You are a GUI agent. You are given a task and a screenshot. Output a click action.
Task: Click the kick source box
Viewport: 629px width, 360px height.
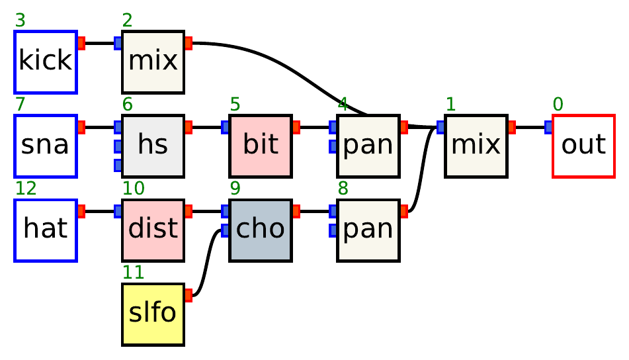(x=46, y=62)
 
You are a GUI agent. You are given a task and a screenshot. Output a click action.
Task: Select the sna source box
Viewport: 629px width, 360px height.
(x=46, y=146)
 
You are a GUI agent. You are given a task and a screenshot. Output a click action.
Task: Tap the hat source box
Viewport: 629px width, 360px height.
(x=46, y=230)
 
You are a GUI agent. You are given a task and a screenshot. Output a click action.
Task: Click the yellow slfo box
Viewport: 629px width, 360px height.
(x=153, y=314)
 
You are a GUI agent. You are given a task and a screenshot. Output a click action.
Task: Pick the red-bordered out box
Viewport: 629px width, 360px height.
(x=583, y=146)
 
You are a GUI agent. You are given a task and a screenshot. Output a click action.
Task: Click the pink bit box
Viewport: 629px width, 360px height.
(x=261, y=146)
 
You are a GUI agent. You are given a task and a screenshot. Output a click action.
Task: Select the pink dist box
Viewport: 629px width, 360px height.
(x=153, y=230)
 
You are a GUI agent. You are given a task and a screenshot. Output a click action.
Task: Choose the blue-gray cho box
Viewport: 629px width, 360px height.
(x=261, y=230)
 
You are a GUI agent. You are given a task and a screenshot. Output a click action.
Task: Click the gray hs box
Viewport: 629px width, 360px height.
(x=153, y=146)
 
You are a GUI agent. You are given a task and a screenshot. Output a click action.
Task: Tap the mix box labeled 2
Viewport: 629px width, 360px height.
(x=153, y=62)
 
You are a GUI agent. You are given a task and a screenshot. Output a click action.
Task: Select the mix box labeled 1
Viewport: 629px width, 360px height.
(x=476, y=146)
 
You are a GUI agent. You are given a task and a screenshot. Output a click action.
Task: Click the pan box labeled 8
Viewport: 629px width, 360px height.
(x=368, y=230)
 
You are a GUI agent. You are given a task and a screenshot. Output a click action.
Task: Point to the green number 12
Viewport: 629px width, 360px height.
(x=26, y=189)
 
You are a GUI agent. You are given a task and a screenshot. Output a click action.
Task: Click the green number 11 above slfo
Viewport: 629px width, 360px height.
(x=133, y=273)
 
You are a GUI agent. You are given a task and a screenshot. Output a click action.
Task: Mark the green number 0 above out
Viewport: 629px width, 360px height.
(x=558, y=105)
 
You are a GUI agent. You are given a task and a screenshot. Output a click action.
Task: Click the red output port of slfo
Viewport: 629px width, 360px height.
(x=189, y=295)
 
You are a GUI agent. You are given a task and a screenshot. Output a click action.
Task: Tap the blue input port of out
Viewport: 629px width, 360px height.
(x=548, y=127)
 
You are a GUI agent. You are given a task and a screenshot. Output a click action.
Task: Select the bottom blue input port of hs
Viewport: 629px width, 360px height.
(x=118, y=164)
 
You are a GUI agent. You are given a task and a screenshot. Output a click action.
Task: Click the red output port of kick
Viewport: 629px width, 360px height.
(x=81, y=43)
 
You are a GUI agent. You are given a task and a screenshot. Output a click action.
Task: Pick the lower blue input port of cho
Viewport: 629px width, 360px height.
(x=226, y=230)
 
